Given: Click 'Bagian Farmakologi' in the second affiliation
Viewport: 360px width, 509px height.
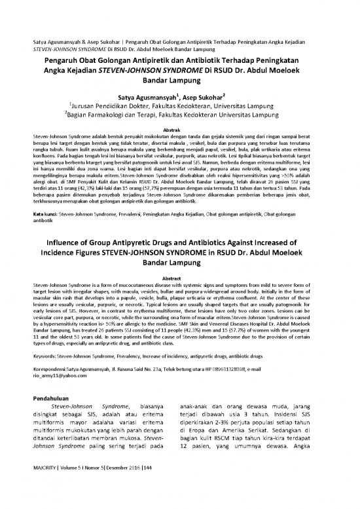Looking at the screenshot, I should click(117, 119).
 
